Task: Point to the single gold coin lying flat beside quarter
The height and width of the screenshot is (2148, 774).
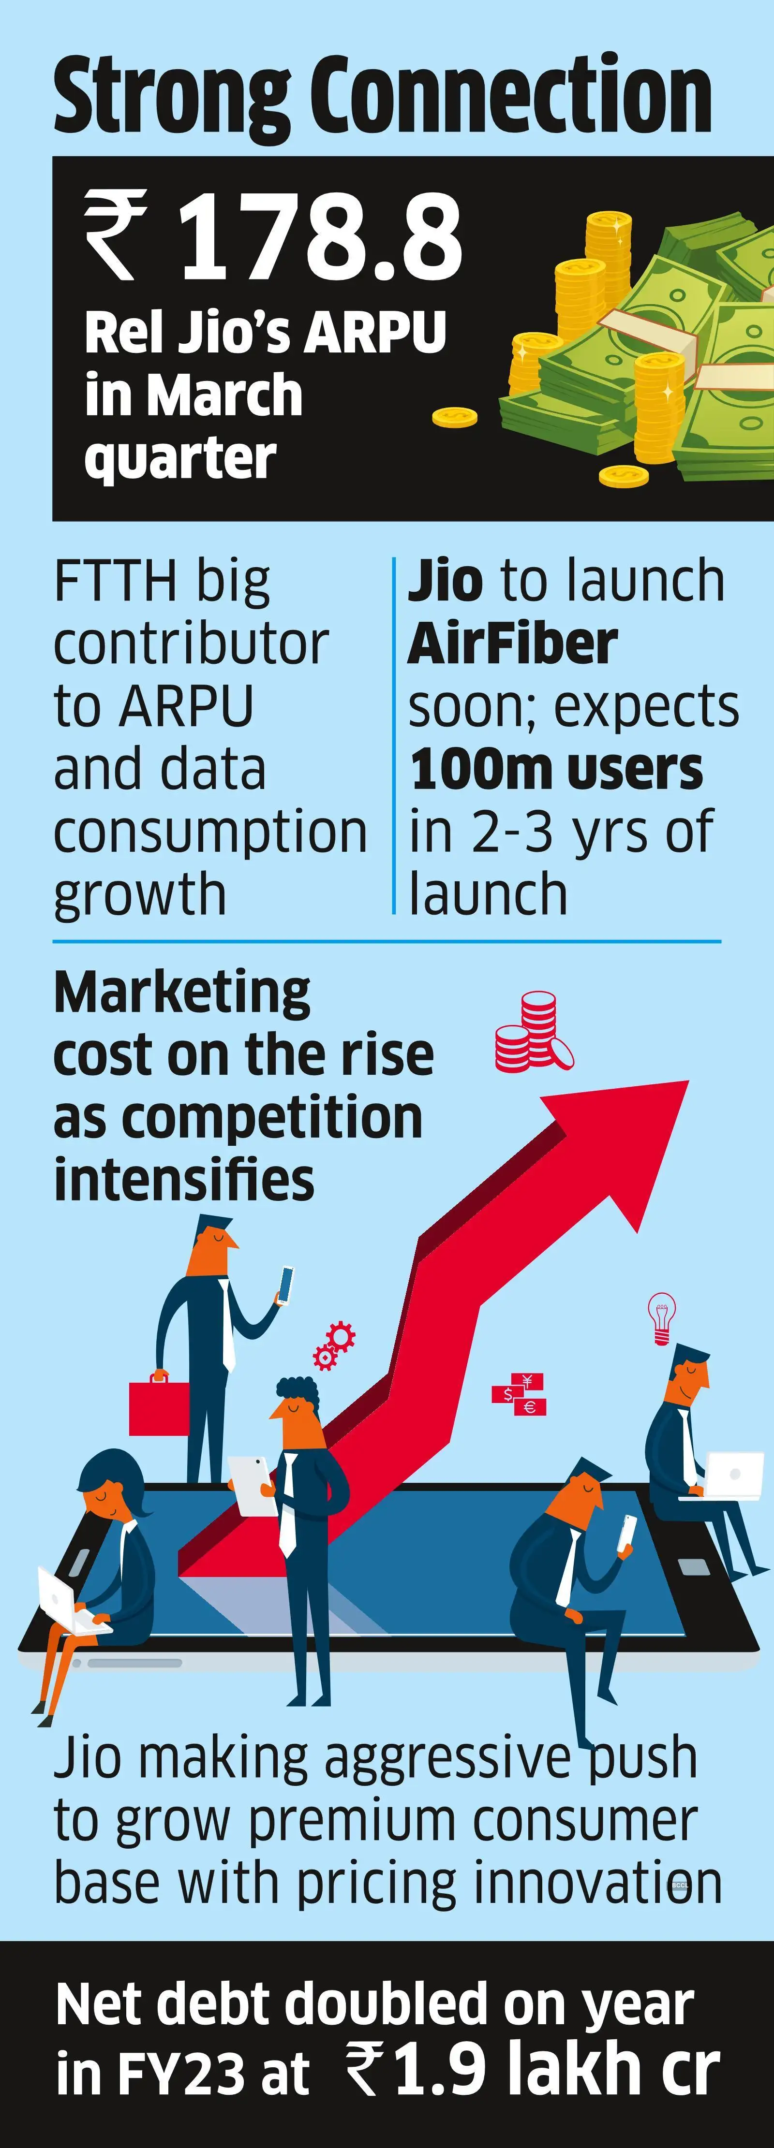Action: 455,416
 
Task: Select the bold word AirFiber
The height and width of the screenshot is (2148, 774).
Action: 512,644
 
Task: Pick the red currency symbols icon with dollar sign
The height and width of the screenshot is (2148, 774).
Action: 519,1394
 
